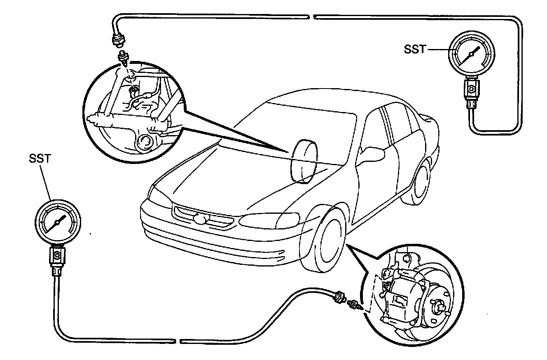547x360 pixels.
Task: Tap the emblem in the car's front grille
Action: (201, 219)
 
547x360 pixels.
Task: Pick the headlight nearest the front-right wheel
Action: (269, 220)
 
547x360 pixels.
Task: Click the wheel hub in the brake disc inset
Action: (438, 307)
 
